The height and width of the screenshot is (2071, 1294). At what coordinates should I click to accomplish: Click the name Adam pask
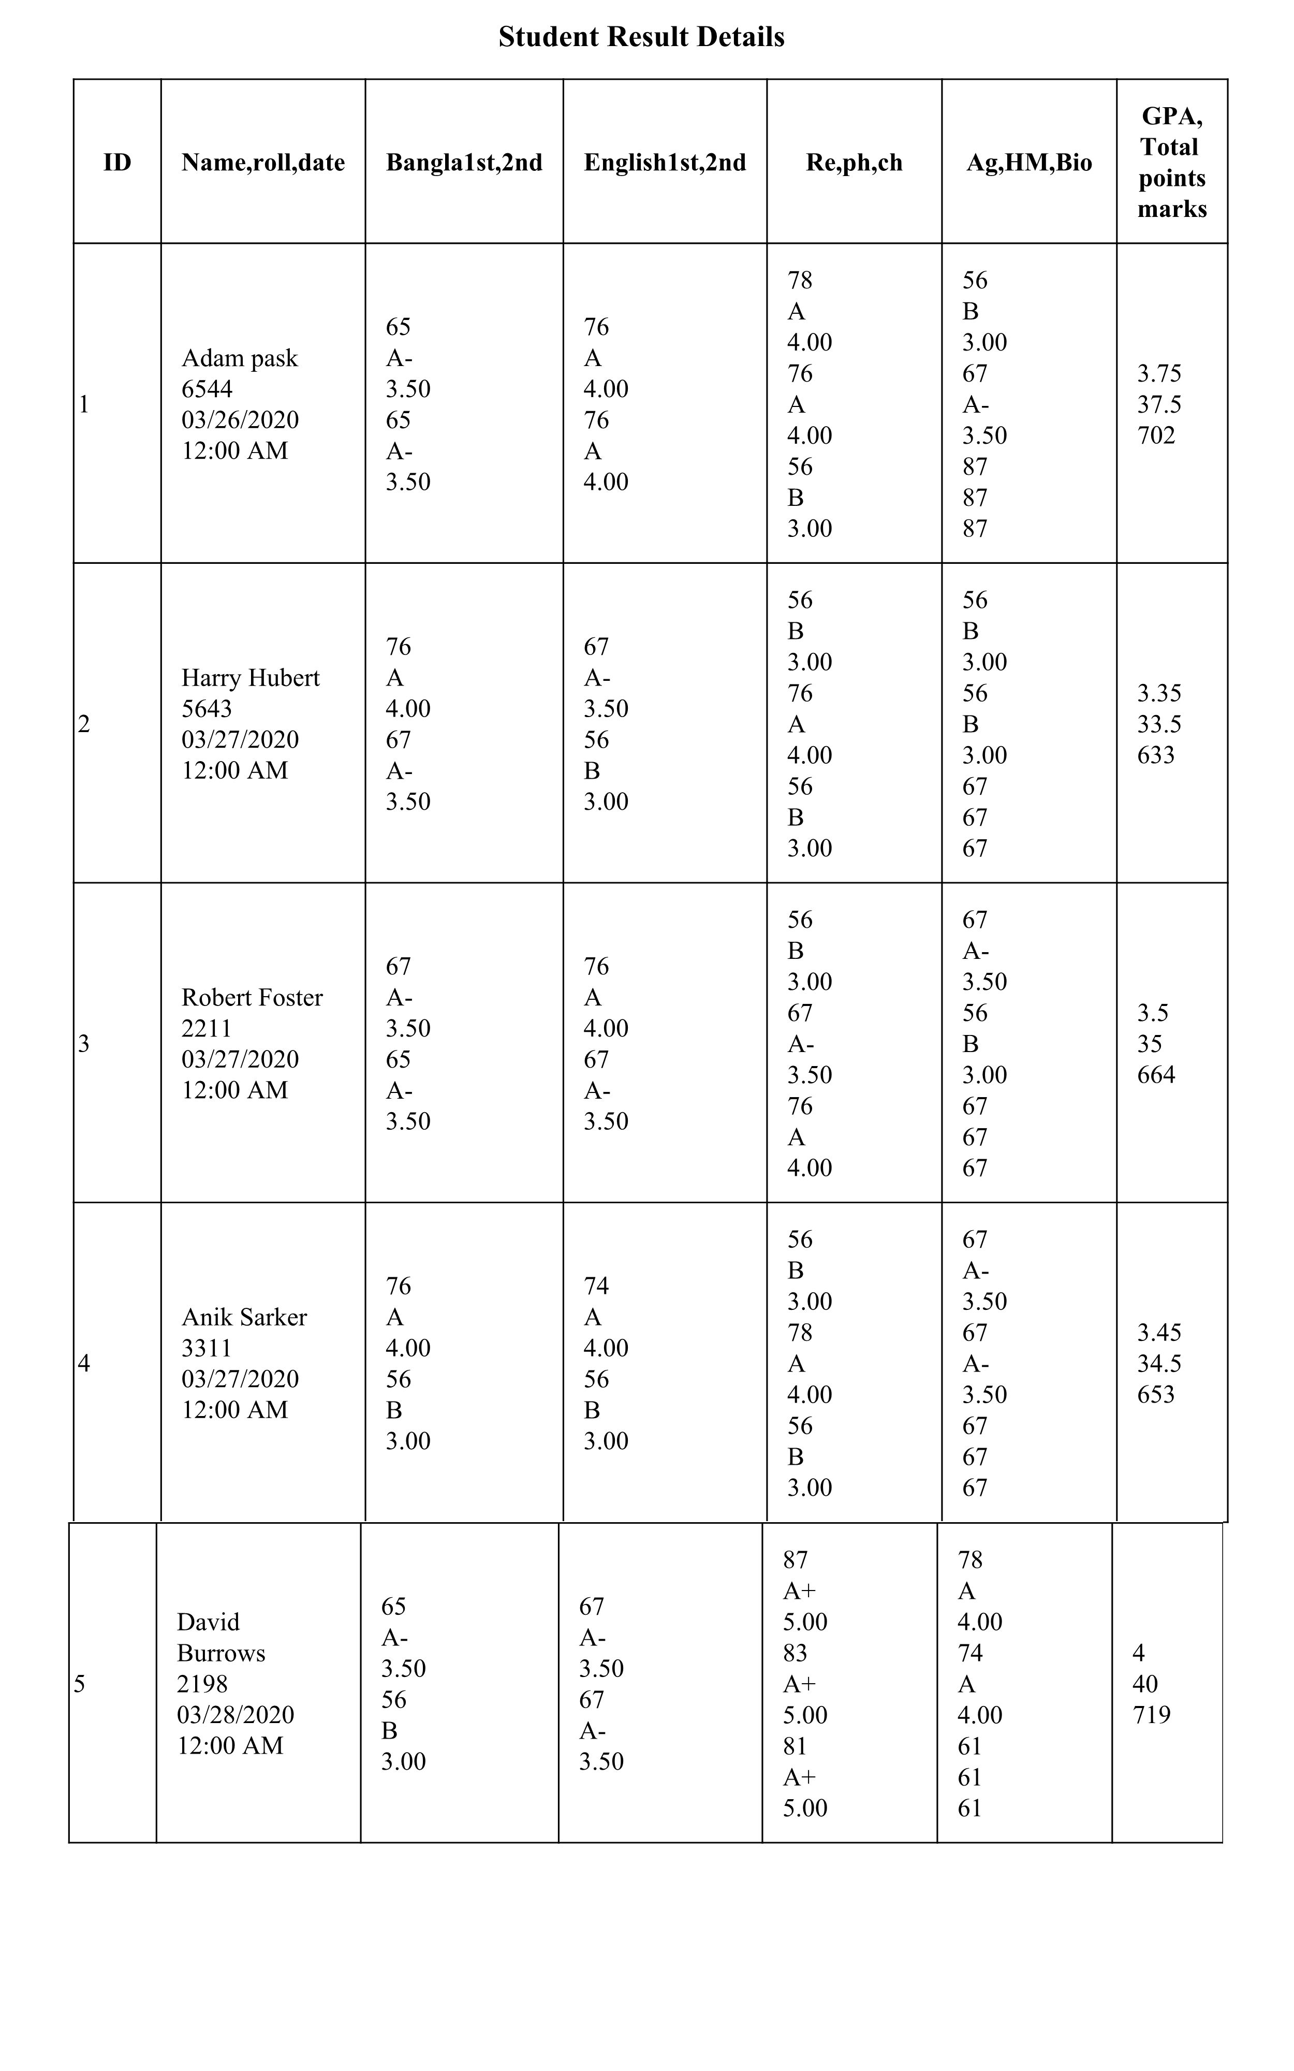[x=240, y=358]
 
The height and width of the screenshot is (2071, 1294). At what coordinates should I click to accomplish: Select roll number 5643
[x=207, y=709]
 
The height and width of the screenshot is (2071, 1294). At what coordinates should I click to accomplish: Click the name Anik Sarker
[x=244, y=1317]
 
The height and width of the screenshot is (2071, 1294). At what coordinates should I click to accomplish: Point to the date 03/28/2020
[x=236, y=1714]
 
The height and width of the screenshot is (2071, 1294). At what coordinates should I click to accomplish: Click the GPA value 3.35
[x=1159, y=693]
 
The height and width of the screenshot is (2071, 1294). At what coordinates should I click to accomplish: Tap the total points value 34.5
[x=1159, y=1363]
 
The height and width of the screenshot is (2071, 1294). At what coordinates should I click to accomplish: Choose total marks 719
[x=1151, y=1714]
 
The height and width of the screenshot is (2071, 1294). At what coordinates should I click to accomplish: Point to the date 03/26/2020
[x=241, y=420]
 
